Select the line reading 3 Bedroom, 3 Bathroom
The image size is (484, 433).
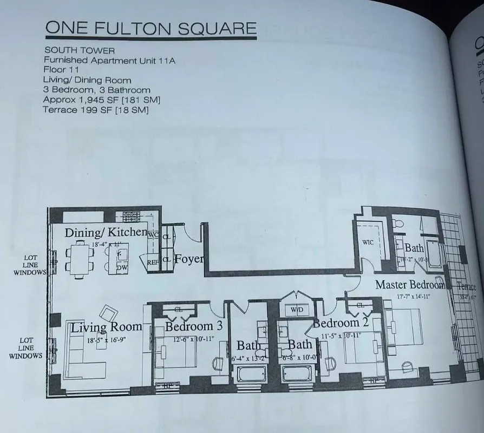click(96, 90)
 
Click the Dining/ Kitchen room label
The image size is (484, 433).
click(106, 233)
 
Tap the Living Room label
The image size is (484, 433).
click(106, 327)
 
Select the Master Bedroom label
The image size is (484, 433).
click(410, 284)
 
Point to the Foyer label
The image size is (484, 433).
click(189, 259)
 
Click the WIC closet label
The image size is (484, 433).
click(368, 242)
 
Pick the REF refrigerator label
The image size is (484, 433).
click(153, 262)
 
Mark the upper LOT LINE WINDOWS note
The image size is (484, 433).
click(30, 265)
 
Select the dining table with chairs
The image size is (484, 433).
click(80, 259)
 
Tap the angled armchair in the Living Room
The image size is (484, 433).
click(108, 313)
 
